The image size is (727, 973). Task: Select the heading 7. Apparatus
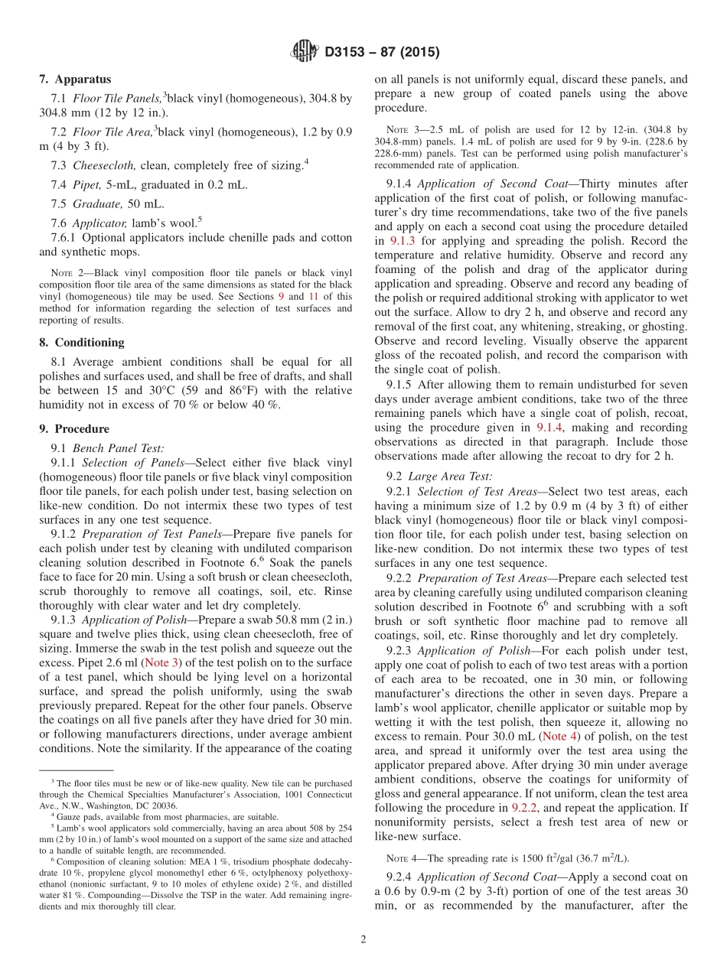point(75,79)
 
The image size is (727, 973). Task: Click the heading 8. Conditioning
point(81,342)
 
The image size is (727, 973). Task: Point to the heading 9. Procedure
point(74,428)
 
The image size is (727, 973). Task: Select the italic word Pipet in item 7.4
point(86,184)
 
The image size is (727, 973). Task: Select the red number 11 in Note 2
point(314,296)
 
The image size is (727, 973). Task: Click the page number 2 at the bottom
point(363,939)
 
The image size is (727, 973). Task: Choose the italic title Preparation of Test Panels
point(145,534)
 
